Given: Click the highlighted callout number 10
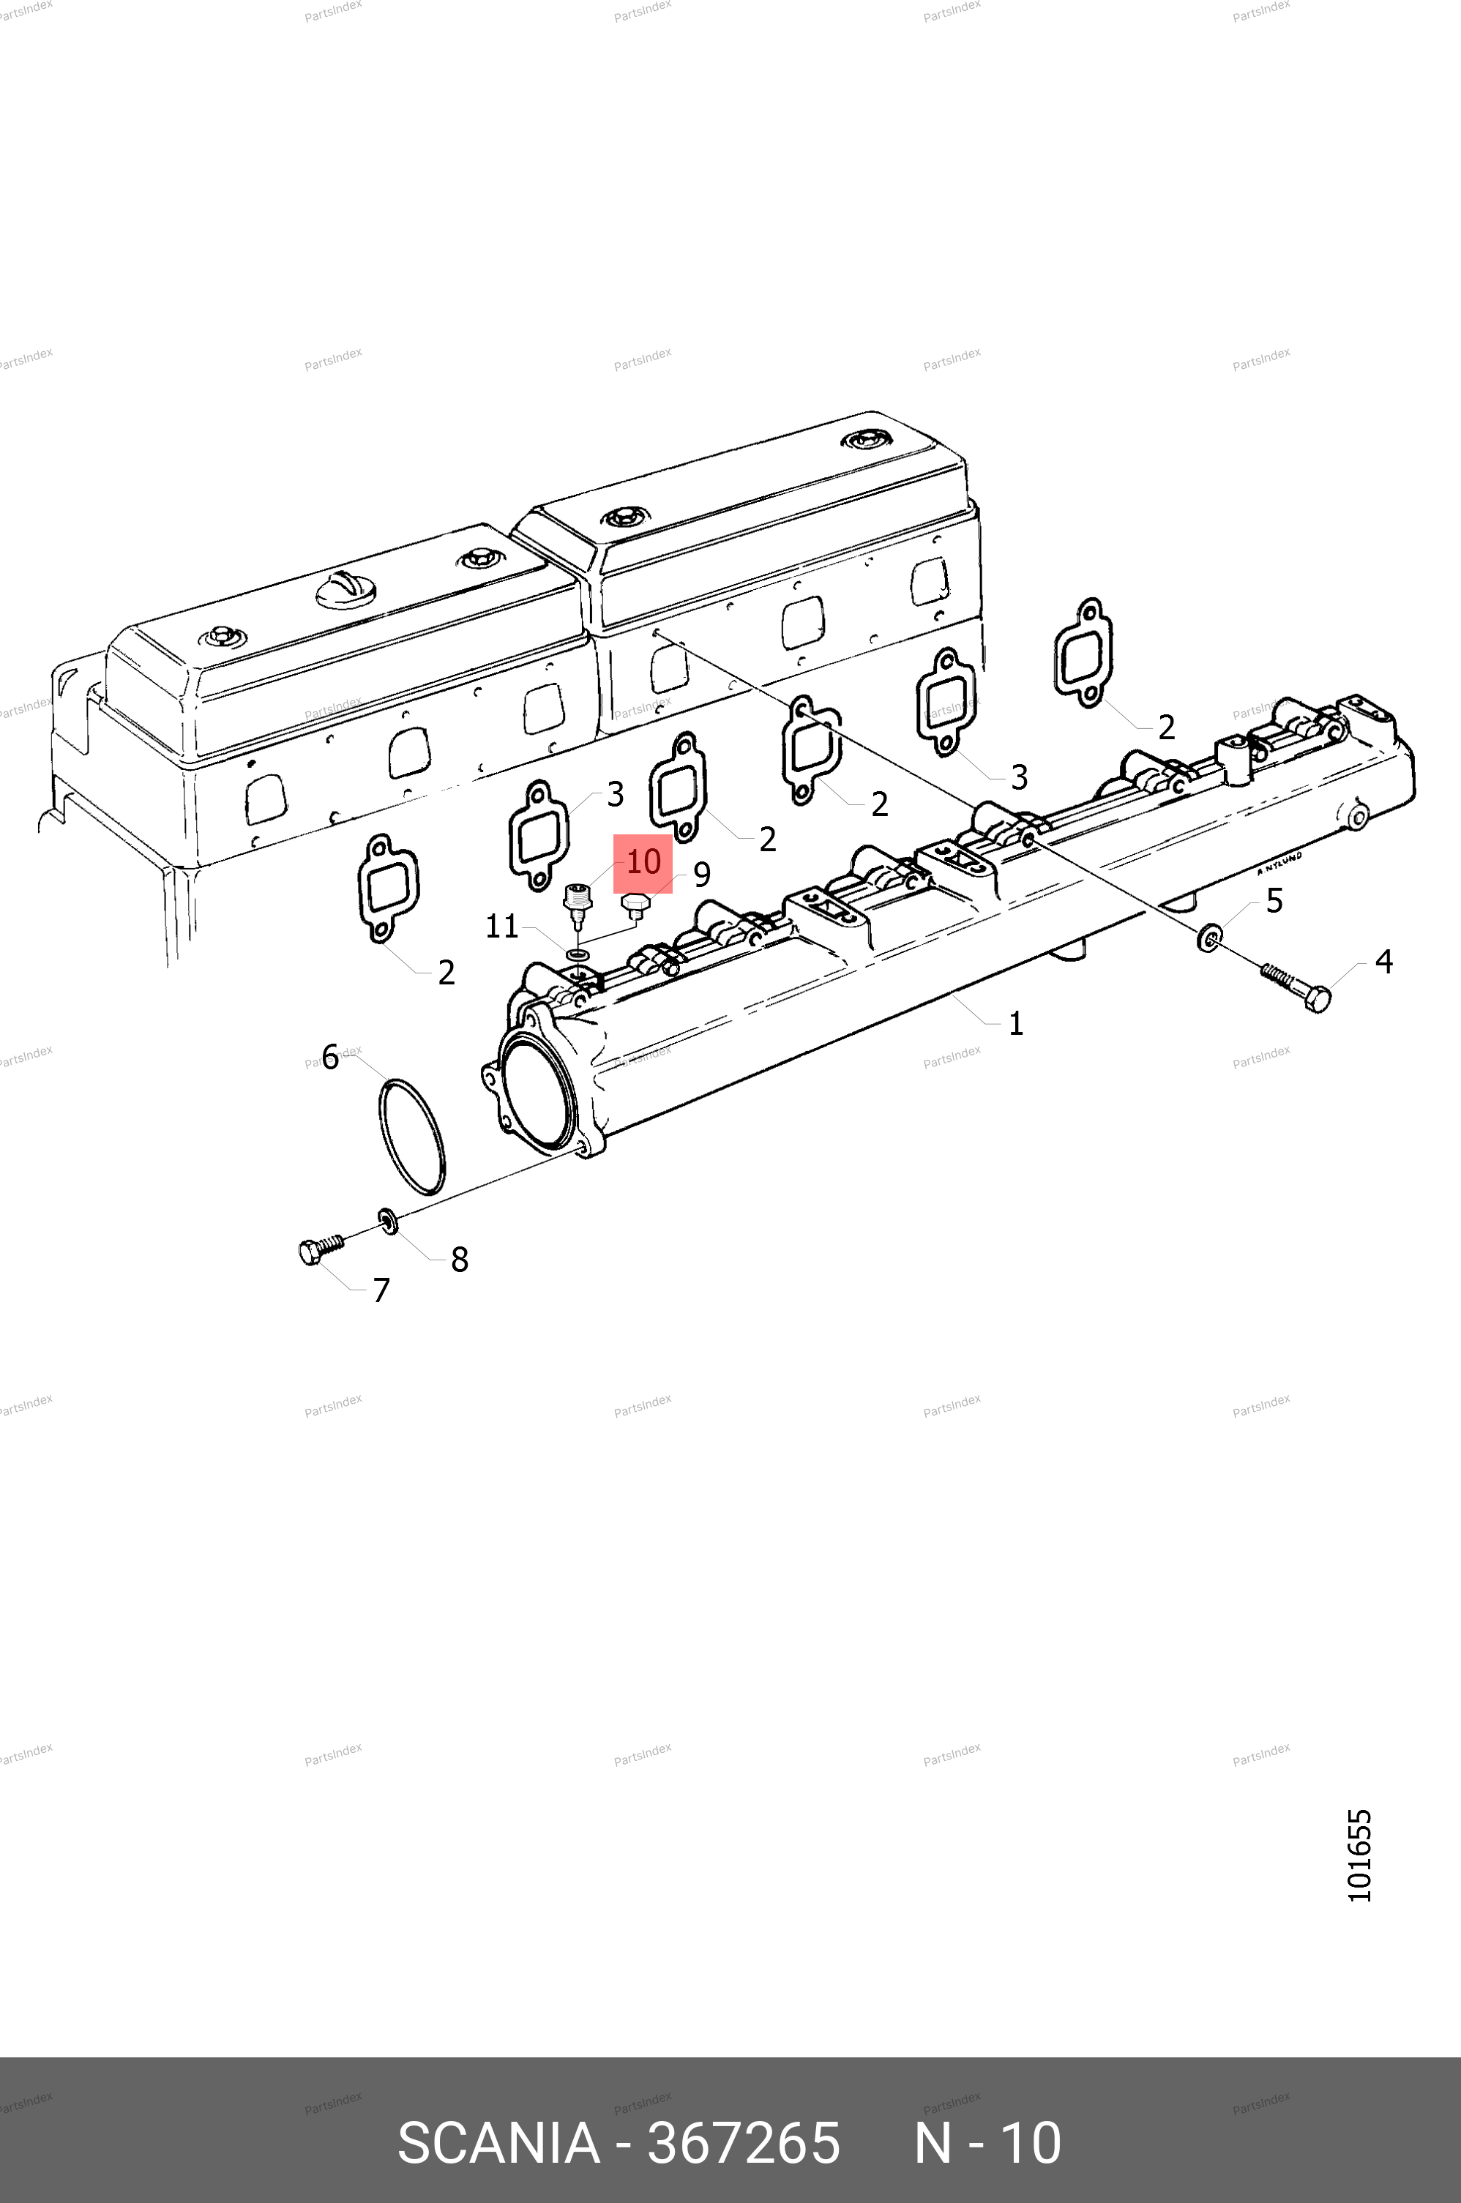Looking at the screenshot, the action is [x=643, y=863].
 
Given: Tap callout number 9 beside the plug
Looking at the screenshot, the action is [x=702, y=875].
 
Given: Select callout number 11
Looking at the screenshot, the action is [x=501, y=926].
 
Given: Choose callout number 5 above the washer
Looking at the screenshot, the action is [x=1274, y=901].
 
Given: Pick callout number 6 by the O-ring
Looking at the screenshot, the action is [x=330, y=1058].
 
